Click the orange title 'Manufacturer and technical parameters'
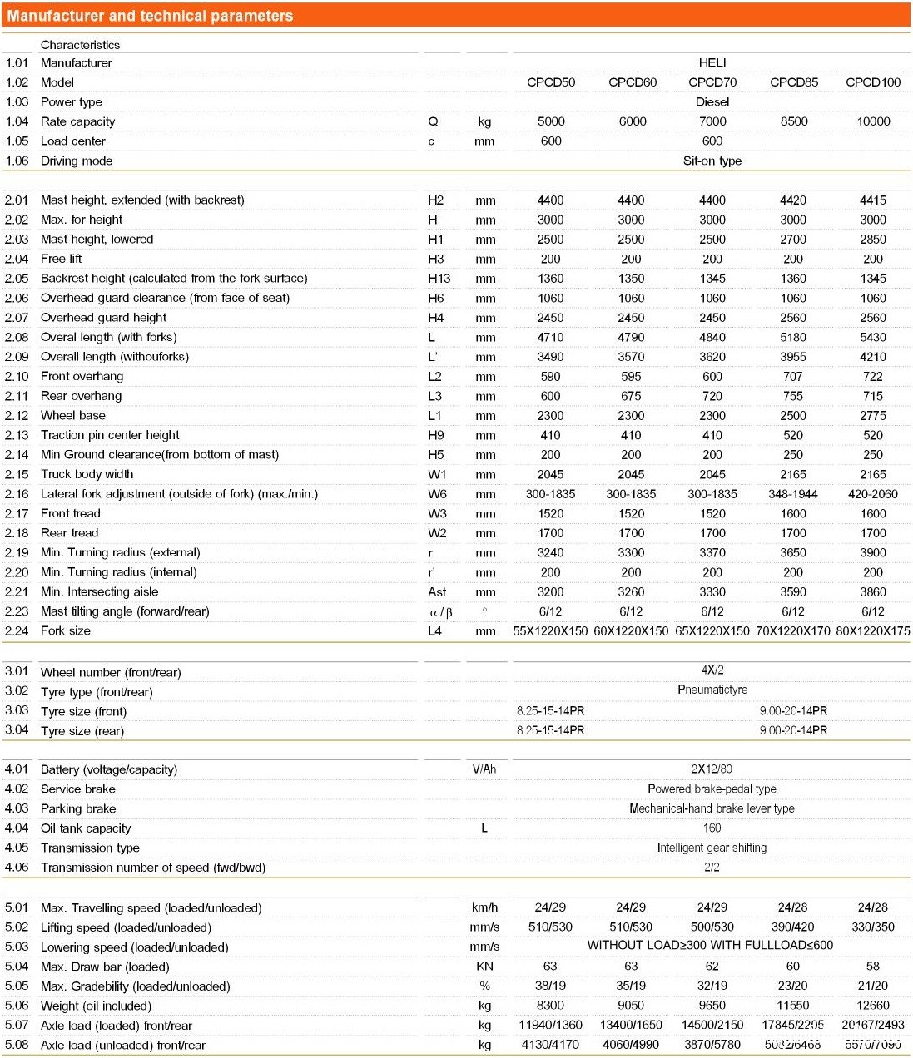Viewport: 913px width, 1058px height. pos(151,16)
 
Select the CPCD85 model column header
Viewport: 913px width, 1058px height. pos(794,82)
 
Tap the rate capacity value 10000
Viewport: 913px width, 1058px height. pos(873,121)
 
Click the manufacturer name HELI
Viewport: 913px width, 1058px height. pos(712,63)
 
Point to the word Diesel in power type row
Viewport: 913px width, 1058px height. pos(712,102)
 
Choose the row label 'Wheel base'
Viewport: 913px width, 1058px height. pos(73,416)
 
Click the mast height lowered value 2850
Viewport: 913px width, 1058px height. pos(873,240)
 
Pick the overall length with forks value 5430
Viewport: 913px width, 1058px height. pos(873,338)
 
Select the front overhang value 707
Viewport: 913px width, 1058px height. pos(793,377)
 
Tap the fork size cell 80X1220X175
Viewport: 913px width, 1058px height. pos(873,631)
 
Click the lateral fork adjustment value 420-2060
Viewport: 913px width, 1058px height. pos(873,494)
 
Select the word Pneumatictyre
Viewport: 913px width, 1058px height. pos(712,690)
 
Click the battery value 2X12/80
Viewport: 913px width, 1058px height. pos(712,769)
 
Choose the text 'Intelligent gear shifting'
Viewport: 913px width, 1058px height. pos(712,848)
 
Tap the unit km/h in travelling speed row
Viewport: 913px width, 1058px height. pos(484,907)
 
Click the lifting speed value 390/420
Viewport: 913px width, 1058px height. pos(793,927)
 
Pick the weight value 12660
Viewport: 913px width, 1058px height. pos(873,1005)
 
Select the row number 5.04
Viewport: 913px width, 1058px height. pos(17,967)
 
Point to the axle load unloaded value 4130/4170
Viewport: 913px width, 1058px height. pos(550,1045)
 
